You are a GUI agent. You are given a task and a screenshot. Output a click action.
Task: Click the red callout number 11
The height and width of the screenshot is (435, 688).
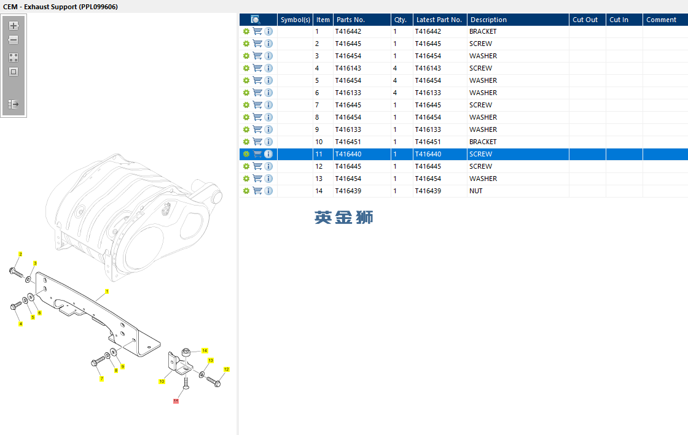pos(176,401)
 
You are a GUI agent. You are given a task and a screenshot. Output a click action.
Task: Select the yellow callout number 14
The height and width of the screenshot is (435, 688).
pos(205,350)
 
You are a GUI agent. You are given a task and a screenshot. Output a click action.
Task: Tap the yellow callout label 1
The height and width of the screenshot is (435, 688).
pos(107,291)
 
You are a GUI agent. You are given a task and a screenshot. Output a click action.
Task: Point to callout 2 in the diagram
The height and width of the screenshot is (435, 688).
pos(20,254)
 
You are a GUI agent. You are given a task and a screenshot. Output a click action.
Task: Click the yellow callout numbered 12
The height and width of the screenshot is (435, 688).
pos(226,369)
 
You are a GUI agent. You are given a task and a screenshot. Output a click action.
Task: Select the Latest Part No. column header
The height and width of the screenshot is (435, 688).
pos(439,20)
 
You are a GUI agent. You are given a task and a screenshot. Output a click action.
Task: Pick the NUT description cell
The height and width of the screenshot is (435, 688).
pos(476,191)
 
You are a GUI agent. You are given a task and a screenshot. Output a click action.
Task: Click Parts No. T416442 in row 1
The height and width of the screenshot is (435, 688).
pos(348,31)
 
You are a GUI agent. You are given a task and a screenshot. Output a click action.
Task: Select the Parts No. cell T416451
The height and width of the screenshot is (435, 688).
pos(348,142)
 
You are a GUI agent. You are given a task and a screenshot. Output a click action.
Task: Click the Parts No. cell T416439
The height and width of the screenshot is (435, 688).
pos(348,191)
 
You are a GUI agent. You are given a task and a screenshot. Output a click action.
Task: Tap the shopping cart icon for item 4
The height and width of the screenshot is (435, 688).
pos(257,68)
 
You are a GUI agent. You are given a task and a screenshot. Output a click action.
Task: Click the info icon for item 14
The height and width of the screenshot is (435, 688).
pos(268,191)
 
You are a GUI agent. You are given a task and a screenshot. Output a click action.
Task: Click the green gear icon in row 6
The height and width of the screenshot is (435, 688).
pos(246,93)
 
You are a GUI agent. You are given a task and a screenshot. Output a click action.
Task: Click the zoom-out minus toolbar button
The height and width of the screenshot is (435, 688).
pos(14,40)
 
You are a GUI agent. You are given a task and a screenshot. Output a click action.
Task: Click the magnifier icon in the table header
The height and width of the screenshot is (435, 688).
pos(256,20)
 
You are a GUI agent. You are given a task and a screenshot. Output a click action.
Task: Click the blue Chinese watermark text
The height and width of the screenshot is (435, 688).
pos(343,217)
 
